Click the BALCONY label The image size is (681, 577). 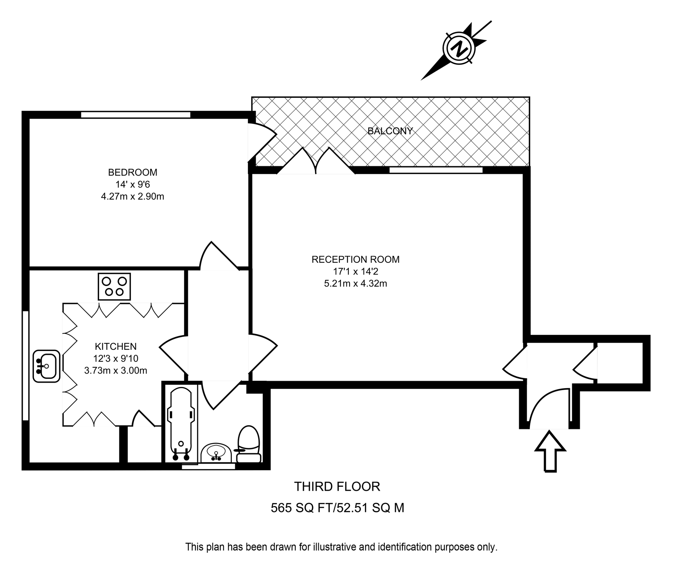[390, 131]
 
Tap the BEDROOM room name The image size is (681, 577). [132, 172]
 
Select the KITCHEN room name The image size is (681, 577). [115, 347]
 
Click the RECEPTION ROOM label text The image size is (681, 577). [355, 259]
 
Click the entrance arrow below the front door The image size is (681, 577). [550, 451]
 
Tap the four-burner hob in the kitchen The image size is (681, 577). [114, 287]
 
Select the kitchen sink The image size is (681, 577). [46, 366]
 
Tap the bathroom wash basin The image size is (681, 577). [216, 453]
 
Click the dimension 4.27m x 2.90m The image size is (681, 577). [132, 197]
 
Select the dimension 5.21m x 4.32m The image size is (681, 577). [355, 284]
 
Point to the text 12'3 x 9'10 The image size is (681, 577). [115, 358]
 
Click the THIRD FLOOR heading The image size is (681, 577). [337, 487]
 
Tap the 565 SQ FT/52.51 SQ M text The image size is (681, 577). [337, 508]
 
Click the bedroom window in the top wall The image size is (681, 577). [135, 115]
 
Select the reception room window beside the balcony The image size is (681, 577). [435, 170]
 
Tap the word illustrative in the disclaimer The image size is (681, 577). [333, 547]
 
